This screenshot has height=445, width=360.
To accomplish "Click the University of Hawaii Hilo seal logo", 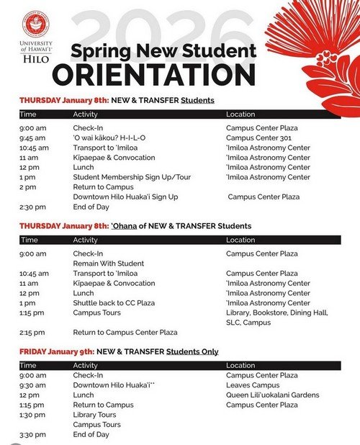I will click(33, 24).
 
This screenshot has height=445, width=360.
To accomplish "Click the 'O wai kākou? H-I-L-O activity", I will click(109, 138).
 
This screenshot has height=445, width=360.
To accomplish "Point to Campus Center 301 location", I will click(258, 138).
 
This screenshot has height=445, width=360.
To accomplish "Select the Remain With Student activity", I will click(108, 264).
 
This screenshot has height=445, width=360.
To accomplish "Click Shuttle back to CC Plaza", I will click(114, 303).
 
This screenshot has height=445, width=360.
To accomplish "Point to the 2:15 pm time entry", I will click(33, 333).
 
